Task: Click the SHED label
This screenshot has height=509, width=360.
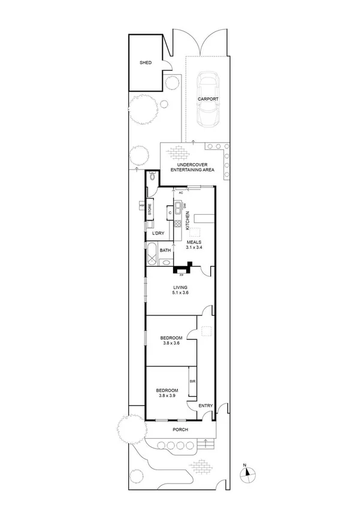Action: pyautogui.click(x=146, y=62)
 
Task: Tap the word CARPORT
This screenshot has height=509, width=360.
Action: pyautogui.click(x=209, y=100)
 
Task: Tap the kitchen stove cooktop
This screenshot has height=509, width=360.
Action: pyautogui.click(x=177, y=224)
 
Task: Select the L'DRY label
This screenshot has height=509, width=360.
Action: pyautogui.click(x=158, y=233)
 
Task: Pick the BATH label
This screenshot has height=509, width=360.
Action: pyautogui.click(x=165, y=250)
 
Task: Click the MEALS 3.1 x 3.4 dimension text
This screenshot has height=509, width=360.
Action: pyautogui.click(x=194, y=244)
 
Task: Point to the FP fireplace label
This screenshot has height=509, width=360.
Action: pyautogui.click(x=181, y=275)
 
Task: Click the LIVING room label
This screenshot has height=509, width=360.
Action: pyautogui.click(x=180, y=290)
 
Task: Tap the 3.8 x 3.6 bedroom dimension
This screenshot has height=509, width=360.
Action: pyautogui.click(x=171, y=344)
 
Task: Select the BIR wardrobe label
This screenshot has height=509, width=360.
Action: pyautogui.click(x=192, y=381)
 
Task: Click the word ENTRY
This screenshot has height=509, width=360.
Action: pyautogui.click(x=205, y=406)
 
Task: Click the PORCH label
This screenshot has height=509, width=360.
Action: pyautogui.click(x=180, y=430)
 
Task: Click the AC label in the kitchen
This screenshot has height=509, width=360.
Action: pyautogui.click(x=180, y=192)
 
